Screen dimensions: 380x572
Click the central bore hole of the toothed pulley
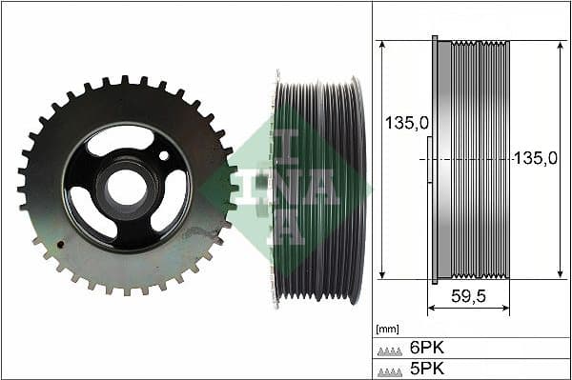pos(127,183)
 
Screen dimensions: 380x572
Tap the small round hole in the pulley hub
pos(164,154)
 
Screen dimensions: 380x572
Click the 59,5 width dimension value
pos(467,296)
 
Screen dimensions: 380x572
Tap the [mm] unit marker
pos(387,329)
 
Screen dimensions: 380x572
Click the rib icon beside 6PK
pos(391,350)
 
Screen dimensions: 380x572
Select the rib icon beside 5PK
pos(391,370)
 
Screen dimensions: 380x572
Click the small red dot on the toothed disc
pos(60,244)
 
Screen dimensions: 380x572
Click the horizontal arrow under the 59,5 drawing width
pos(467,310)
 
